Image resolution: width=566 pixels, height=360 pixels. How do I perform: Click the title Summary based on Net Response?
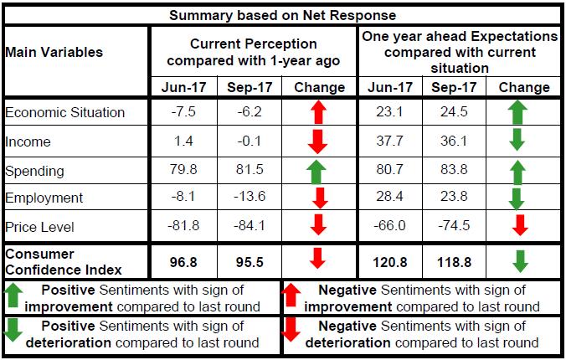(x=283, y=15)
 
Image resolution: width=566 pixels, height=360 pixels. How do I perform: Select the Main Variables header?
(x=54, y=52)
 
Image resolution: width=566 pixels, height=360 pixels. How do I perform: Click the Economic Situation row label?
(x=64, y=112)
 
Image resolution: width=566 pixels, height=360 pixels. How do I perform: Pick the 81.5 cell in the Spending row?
(x=249, y=171)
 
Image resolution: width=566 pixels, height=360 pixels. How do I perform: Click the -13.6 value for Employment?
(x=249, y=198)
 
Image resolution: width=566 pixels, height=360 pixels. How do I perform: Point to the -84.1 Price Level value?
(x=249, y=227)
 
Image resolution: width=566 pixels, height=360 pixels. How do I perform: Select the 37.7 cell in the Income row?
(x=389, y=141)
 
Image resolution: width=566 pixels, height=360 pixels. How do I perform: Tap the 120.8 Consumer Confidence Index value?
(x=389, y=262)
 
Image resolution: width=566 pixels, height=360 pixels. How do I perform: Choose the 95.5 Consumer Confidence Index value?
(x=249, y=262)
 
